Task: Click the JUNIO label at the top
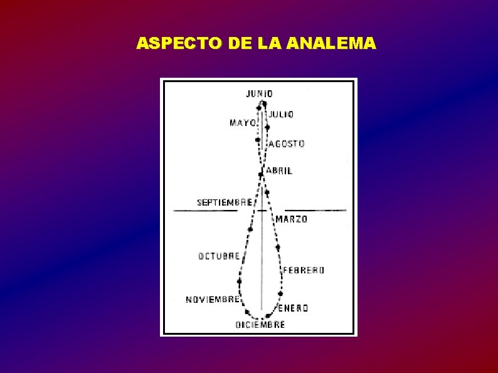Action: pyautogui.click(x=259, y=94)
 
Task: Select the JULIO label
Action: pyautogui.click(x=281, y=115)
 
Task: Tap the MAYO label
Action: pyautogui.click(x=242, y=123)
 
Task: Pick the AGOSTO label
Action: pyautogui.click(x=287, y=144)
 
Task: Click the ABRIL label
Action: pyautogui.click(x=278, y=171)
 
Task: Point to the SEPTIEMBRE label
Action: pyautogui.click(x=225, y=202)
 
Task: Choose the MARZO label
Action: pyautogui.click(x=292, y=219)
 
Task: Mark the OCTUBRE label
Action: pyautogui.click(x=219, y=256)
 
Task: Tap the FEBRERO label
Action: pyautogui.click(x=304, y=270)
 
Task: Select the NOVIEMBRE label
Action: pyautogui.click(x=212, y=299)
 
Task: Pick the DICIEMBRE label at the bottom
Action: pyautogui.click(x=260, y=325)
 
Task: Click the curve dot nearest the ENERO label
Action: pyautogui.click(x=280, y=293)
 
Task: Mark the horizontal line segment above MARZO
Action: pyautogui.click(x=315, y=211)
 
